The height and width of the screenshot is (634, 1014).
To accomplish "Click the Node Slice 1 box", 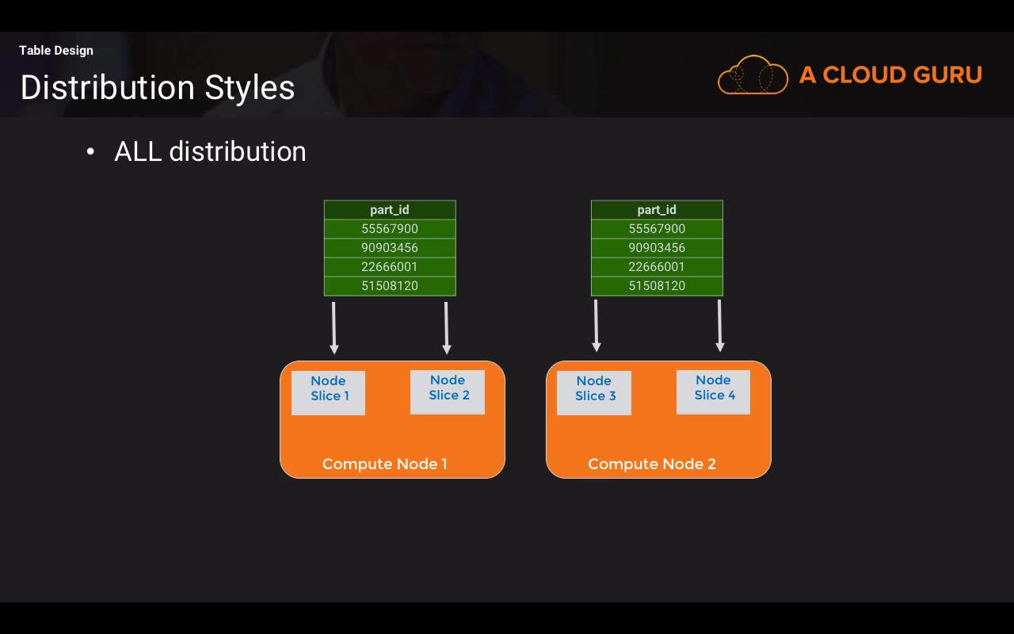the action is coord(328,392).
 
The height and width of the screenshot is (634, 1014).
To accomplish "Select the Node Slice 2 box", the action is coord(448,392).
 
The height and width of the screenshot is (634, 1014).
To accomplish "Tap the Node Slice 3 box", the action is coord(594,392).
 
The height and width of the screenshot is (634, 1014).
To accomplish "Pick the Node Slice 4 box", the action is coord(714,392).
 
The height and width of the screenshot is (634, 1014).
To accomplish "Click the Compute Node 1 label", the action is coord(385,464).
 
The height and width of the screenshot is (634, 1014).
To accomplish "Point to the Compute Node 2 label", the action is coord(652,464).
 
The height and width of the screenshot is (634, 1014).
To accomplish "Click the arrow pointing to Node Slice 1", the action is coord(334,328).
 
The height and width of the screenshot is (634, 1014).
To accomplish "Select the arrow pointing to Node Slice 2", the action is coord(446,328).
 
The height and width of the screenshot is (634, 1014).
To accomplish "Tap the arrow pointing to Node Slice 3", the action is coord(597,326).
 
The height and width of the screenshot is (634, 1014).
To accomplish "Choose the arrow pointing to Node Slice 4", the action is coord(720,326).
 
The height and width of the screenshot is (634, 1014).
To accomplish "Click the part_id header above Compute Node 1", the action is coord(390,210).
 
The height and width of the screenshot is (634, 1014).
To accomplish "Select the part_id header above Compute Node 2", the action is coord(657,210).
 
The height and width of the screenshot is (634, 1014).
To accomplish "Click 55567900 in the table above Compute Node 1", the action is coord(390,229).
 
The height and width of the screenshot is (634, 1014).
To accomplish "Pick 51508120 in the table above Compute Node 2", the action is coord(657,286).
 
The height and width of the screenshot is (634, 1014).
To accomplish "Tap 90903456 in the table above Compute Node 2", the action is coord(657,248).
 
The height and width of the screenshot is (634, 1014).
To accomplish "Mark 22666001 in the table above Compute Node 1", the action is coord(390,267).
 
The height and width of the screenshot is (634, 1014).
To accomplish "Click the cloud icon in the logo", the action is coord(753,74).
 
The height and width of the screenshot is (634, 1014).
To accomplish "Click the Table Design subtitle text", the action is coord(56,50).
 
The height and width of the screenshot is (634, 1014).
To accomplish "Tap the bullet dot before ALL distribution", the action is coord(90,151).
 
